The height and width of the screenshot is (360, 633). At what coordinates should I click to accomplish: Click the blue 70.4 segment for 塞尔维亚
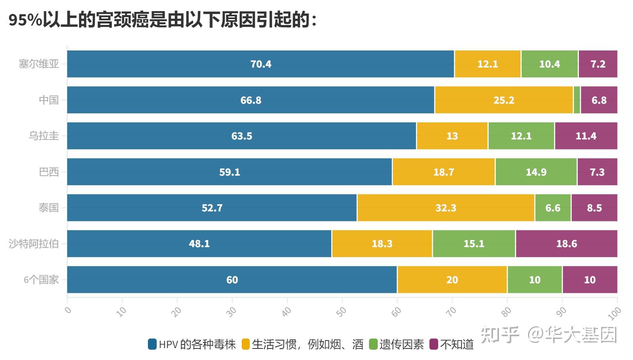coord(260,64)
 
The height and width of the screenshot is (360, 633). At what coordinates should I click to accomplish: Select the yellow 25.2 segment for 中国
coord(504,100)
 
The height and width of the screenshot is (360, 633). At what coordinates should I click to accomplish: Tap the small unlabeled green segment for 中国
coord(577,100)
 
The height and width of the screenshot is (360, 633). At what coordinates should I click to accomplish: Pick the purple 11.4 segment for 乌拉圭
coord(586,136)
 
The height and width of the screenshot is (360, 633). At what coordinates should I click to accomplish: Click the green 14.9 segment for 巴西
coord(536,172)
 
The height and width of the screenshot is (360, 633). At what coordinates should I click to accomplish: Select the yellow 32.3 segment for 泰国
coord(446,208)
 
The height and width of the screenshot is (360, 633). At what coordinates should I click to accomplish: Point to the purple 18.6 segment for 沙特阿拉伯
coord(566,244)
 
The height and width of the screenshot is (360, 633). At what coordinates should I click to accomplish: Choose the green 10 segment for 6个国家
coord(534,280)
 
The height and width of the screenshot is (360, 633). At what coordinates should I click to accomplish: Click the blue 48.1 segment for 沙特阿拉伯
coord(199,244)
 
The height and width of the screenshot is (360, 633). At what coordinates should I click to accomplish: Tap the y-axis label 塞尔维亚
coord(39,64)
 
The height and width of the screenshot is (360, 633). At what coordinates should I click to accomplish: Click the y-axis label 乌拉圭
coord(44,136)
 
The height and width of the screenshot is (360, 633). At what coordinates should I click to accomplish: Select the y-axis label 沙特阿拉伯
coord(34,244)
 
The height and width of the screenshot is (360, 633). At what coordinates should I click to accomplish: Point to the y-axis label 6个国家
coord(41,280)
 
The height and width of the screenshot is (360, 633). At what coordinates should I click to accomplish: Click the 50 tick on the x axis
coord(341,312)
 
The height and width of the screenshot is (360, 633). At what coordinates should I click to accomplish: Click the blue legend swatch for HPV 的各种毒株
coord(152,344)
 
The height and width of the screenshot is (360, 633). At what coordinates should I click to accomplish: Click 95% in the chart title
coord(25,20)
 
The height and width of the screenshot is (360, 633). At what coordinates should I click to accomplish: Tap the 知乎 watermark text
coord(499,335)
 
